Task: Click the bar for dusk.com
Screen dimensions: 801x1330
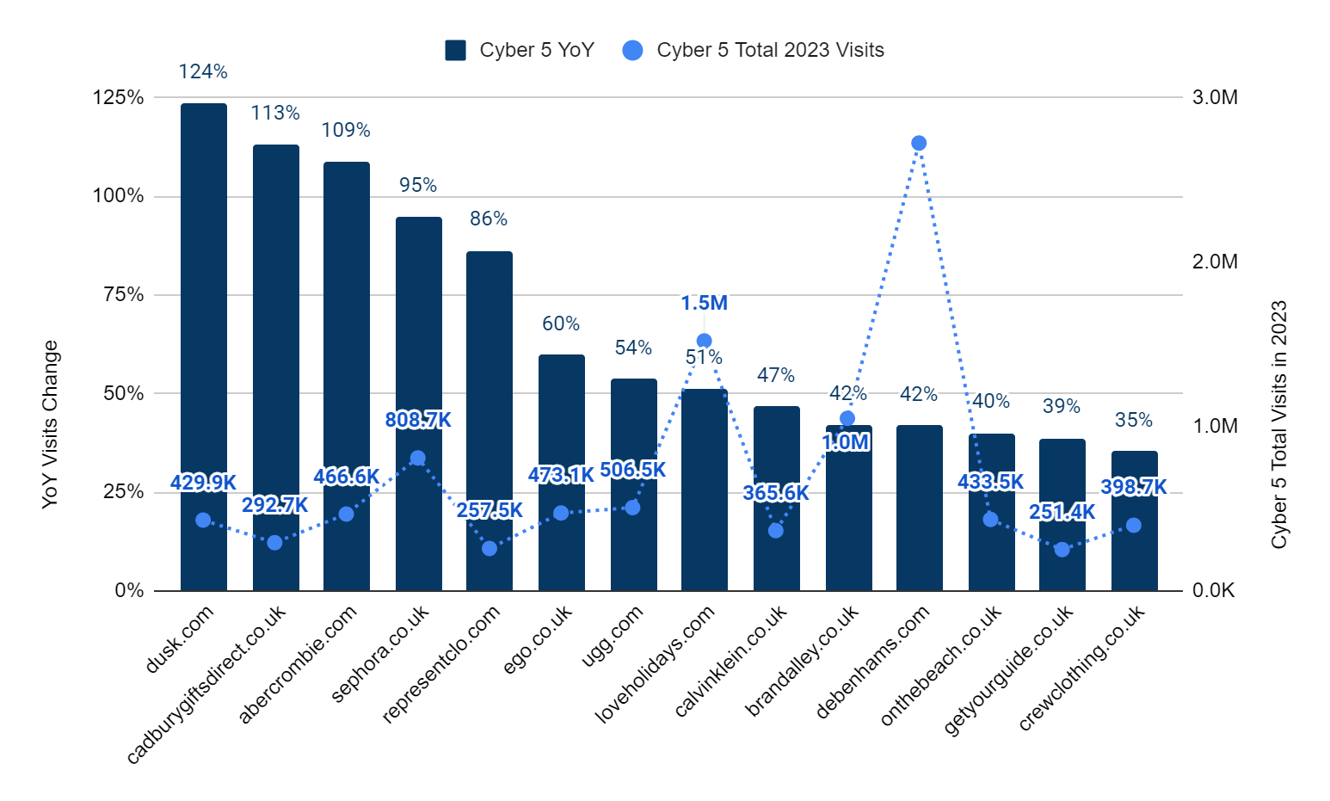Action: [204, 344]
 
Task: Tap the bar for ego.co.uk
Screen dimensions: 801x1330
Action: [562, 413]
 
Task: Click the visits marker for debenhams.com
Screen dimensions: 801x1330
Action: [919, 143]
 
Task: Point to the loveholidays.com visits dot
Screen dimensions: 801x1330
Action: [704, 341]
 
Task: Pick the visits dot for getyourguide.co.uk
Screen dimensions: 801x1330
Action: [1062, 549]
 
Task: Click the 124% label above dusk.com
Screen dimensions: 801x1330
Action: [203, 72]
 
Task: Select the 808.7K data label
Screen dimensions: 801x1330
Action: [418, 420]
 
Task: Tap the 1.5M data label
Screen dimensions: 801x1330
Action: [704, 303]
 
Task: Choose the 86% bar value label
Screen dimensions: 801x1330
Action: [489, 219]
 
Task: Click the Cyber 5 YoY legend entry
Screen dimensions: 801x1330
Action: [520, 50]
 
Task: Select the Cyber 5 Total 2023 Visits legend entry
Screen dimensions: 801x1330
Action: [754, 50]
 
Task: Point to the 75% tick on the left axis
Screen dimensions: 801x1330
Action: [123, 295]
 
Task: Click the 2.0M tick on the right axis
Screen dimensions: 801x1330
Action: [1215, 262]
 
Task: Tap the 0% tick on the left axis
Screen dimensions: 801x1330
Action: [130, 591]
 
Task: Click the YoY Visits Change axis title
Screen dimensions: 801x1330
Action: [50, 424]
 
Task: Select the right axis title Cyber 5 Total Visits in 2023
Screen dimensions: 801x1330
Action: [1279, 424]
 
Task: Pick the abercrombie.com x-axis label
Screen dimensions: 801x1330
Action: [298, 664]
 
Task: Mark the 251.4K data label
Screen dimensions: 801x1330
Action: [1062, 513]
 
